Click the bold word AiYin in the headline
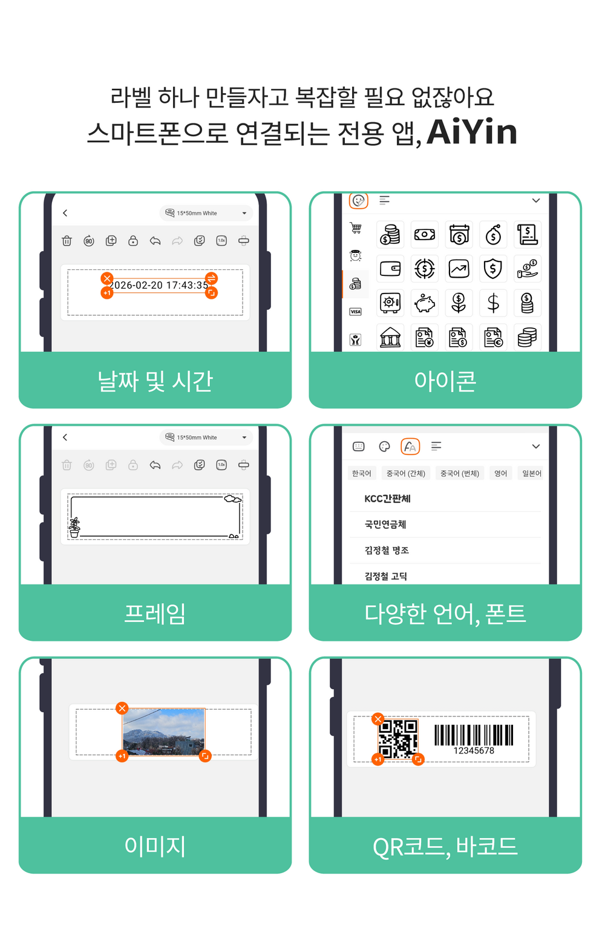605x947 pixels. tap(472, 132)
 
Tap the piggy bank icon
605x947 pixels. tap(425, 303)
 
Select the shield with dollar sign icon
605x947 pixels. tap(492, 269)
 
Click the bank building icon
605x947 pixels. tap(390, 338)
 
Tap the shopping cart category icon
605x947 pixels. tap(356, 228)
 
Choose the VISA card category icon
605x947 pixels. tap(356, 312)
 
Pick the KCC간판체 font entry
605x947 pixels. tap(387, 499)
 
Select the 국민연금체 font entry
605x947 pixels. tap(385, 525)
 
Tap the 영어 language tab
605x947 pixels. tap(500, 473)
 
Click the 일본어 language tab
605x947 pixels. tap(531, 473)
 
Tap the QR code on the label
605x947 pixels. tap(397, 739)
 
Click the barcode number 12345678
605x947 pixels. tap(474, 751)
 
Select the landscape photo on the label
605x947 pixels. tap(163, 732)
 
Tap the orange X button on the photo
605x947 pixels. tap(122, 708)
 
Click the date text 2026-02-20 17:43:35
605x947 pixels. tap(159, 286)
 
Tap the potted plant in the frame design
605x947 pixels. tap(74, 528)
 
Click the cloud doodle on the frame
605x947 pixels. tap(232, 499)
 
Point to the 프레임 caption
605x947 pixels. tap(155, 614)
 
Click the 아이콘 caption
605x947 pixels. tap(445, 381)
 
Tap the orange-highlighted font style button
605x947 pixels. tap(410, 447)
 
